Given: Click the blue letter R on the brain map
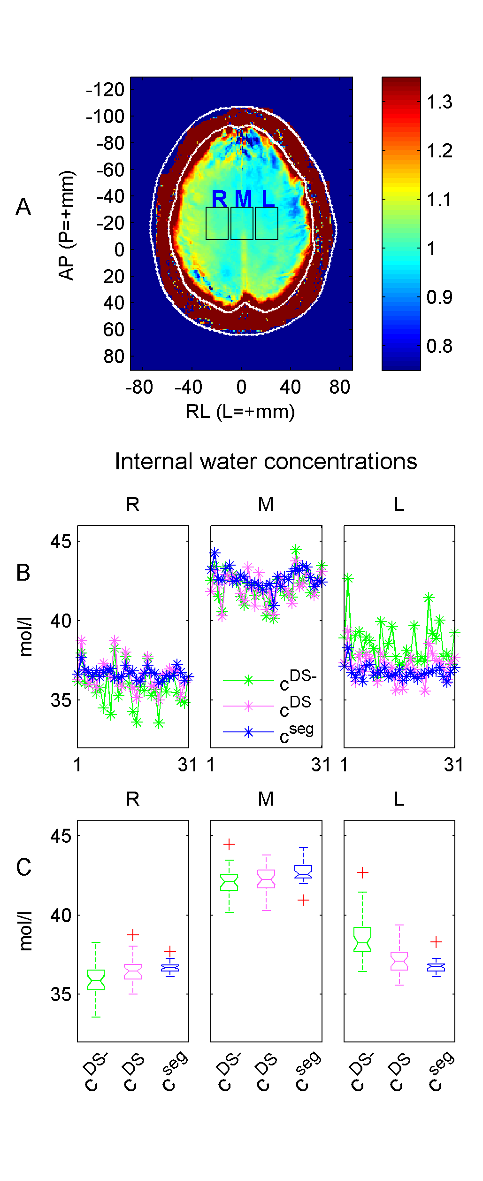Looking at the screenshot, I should coord(219,199).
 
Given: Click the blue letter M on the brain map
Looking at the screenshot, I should coord(243,199).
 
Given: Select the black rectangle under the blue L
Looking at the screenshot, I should coord(267,224).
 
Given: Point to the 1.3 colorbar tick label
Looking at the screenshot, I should coord(439,102).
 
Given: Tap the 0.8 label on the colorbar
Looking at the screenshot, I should coord(439,346).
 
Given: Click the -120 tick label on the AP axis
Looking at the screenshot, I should coord(105,89).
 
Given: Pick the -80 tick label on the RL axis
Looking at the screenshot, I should coord(139,387).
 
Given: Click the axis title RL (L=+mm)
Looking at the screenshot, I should coord(240,412).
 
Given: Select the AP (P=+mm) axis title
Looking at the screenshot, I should coord(66,225).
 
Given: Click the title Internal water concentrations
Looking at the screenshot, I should coord(266,462).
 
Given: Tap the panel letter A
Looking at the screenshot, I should coord(23,207).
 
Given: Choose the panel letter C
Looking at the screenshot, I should coord(23,867).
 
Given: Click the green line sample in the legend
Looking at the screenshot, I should coord(248,680).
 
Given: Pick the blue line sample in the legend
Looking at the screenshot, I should coord(248,732).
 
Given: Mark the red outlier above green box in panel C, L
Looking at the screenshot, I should coord(362,872).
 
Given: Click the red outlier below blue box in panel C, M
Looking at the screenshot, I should coord(304,900).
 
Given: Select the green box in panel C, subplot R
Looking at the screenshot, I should coord(96,979).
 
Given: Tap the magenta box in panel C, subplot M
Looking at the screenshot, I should coord(266,878).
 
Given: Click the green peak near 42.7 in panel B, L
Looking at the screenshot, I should coord(348,578).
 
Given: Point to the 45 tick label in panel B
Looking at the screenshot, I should coord(61,542).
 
